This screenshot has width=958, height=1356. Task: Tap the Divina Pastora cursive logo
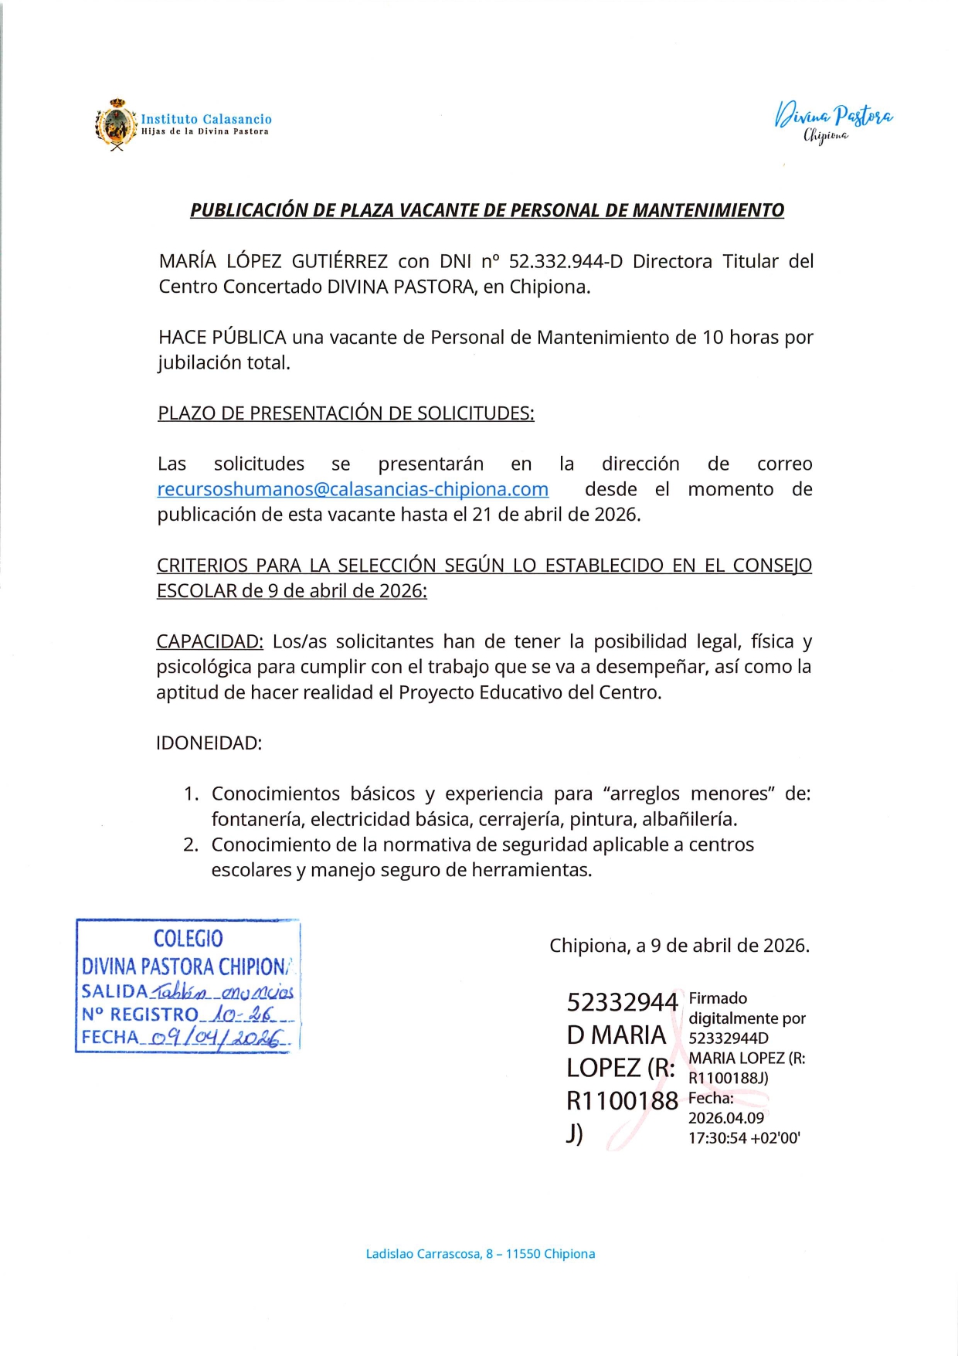point(834,121)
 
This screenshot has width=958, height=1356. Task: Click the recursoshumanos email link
point(353,489)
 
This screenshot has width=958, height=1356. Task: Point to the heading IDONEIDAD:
point(209,743)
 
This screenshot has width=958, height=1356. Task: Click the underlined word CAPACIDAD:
point(209,641)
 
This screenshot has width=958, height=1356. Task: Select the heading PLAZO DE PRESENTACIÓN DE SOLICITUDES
point(345,413)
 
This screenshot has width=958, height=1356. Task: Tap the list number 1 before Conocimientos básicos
point(190,794)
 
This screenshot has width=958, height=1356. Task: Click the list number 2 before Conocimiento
point(190,845)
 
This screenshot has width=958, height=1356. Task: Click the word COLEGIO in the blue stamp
point(188,939)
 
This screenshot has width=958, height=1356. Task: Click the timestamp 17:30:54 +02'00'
point(744,1137)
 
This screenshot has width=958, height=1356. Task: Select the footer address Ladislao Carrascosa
point(480,1254)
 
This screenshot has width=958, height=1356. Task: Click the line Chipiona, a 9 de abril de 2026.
point(679,946)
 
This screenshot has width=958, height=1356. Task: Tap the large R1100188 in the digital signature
point(622,1100)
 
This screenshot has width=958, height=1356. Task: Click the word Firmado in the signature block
point(718,998)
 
